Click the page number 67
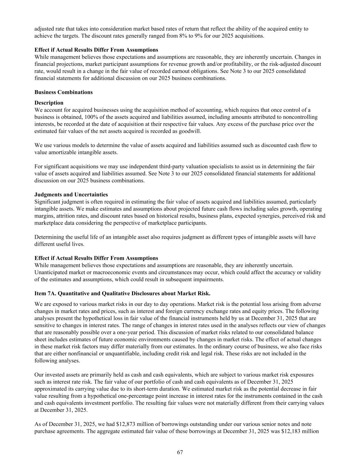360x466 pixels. pyautogui.click(x=180, y=452)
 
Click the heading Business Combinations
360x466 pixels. pyautogui.click(x=63, y=92)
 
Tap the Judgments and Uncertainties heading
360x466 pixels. pyautogui.click(x=71, y=195)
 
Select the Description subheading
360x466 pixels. pyautogui.click(x=49, y=103)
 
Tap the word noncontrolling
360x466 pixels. pyautogui.click(x=301, y=117)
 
